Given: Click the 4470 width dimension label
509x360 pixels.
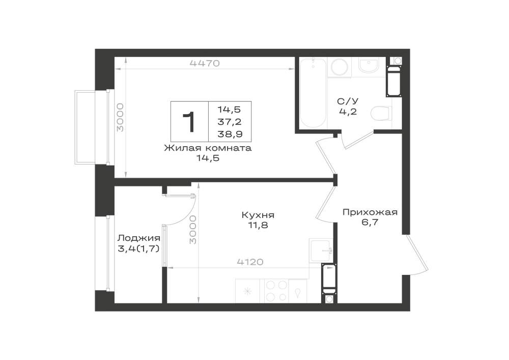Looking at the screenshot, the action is point(205,63).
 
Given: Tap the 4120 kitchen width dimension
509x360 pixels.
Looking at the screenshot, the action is point(250,262).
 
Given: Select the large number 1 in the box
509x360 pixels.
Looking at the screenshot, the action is point(189,122).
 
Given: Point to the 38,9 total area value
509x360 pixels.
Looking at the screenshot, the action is point(230,134).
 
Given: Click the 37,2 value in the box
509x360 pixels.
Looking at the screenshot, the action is point(230,122).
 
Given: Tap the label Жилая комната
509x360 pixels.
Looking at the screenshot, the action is point(208,148).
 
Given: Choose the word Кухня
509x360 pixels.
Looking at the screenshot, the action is point(258,215).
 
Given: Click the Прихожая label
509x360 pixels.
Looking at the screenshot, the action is point(370,212).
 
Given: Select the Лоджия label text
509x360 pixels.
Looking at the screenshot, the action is point(138,238).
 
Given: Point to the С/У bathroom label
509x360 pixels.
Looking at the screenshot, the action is point(348,101).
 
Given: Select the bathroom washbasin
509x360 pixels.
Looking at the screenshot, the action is point(369,67).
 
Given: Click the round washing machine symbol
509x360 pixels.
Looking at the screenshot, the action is point(340,67).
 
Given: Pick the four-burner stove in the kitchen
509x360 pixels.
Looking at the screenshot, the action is point(276,291).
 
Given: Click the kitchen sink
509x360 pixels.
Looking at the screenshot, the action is point(320,251).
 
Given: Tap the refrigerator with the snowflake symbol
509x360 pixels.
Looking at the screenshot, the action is point(247,291).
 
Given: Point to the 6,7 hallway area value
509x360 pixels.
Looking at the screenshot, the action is point(371,223).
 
